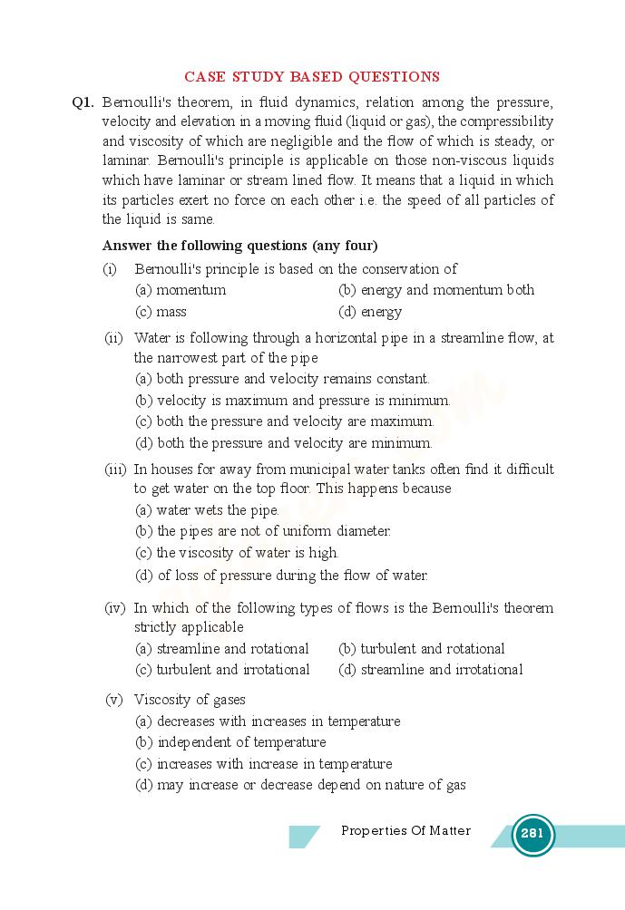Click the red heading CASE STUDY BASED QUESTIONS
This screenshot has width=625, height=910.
click(312, 77)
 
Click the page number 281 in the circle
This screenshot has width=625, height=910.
click(532, 834)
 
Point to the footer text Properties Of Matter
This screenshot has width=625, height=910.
click(405, 830)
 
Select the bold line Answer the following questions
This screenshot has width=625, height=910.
click(239, 246)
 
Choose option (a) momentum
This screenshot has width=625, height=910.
click(181, 290)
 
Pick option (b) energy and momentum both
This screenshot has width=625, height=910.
click(436, 290)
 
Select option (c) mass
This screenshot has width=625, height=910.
click(161, 312)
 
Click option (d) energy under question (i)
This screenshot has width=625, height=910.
click(370, 312)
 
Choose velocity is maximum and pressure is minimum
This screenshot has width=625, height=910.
click(292, 400)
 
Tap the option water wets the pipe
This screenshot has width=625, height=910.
click(207, 510)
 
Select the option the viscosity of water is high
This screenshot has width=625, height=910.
click(237, 553)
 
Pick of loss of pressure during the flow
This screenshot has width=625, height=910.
click(281, 575)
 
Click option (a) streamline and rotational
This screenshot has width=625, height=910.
click(222, 649)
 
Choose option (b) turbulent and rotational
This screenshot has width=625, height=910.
click(422, 649)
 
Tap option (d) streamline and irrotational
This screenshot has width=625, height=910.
click(431, 670)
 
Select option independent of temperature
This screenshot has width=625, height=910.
click(230, 742)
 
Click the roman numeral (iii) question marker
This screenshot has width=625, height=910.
click(114, 470)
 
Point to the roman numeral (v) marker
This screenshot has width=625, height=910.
click(114, 700)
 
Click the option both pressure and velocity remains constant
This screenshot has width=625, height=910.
click(282, 379)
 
